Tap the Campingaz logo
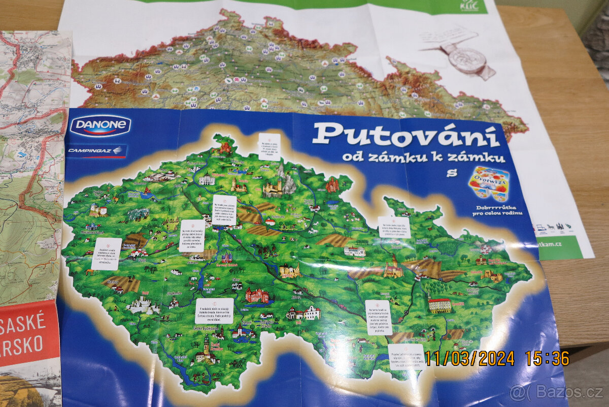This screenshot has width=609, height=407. [x=96, y=151]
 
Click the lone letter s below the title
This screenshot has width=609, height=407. [x=449, y=173]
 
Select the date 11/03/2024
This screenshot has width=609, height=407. [x=469, y=359]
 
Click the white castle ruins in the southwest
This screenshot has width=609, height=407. [x=143, y=305]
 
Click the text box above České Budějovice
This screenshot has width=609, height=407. [x=214, y=310]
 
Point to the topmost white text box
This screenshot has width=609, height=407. [x=269, y=146]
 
